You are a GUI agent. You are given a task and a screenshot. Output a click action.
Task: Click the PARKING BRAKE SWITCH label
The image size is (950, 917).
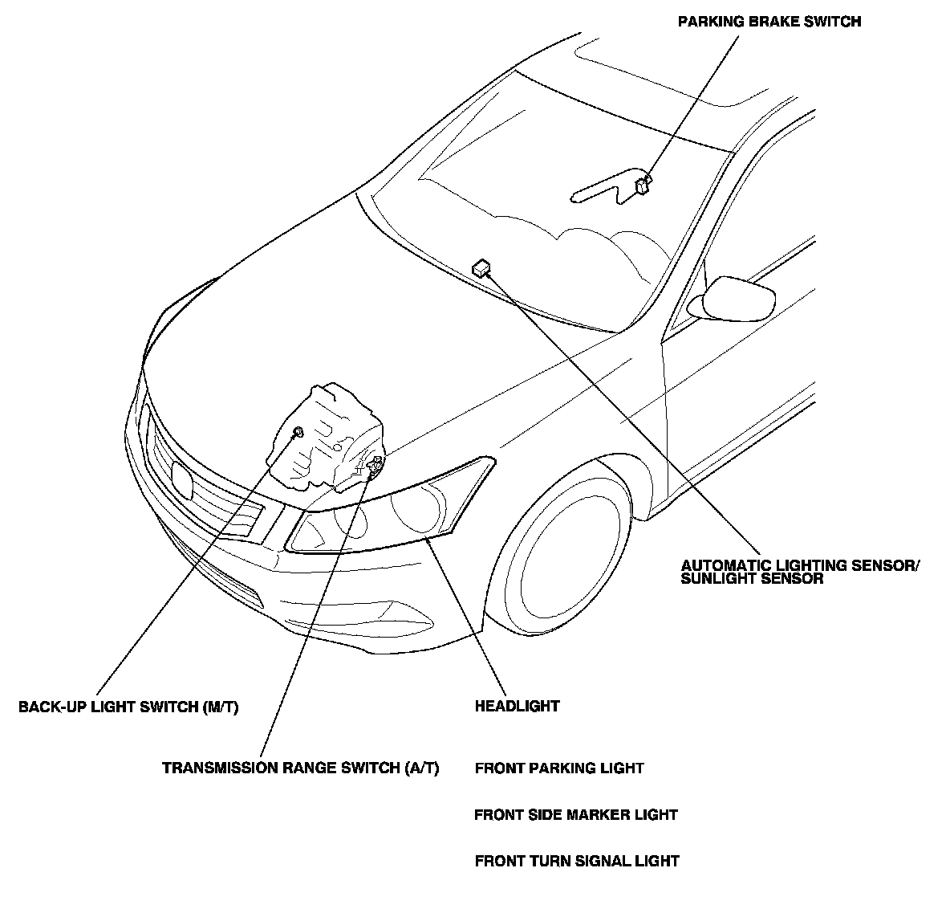pos(769,22)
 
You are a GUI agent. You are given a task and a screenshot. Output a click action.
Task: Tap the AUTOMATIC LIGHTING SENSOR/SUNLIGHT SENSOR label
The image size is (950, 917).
pos(799,572)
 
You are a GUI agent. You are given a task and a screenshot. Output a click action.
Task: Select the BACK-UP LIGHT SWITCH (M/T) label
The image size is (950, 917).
pos(128,707)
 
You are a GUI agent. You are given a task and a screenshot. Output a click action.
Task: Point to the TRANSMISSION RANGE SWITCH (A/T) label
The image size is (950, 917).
pos(300,768)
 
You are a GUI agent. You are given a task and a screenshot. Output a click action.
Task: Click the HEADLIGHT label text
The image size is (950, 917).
pos(517,707)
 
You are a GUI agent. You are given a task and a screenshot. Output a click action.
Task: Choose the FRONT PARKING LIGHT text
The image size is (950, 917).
pos(558,768)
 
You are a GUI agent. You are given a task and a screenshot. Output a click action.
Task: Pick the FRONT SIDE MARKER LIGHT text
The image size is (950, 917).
pos(575,815)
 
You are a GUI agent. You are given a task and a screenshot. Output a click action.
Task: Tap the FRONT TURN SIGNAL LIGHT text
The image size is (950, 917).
pos(576,862)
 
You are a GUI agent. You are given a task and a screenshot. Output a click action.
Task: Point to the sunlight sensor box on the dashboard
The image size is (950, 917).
pos(481,267)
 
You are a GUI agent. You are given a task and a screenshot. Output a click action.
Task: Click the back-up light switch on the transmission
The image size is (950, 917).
pos(298,433)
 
